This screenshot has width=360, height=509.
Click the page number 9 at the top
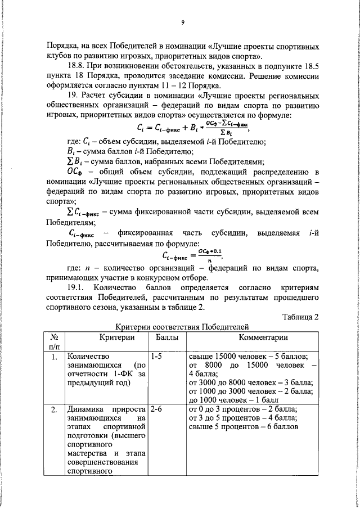(x=183, y=22)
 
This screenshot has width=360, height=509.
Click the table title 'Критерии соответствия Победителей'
(x=182, y=327)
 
